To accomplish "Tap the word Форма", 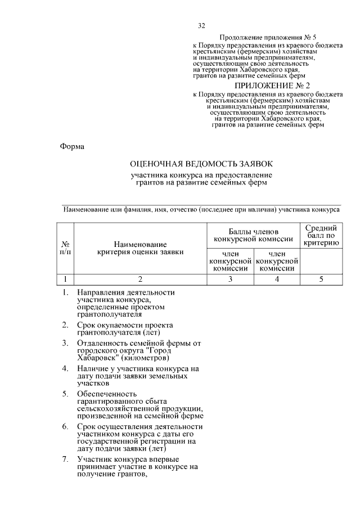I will tap(72, 147).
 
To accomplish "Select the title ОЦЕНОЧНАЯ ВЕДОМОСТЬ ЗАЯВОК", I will tap(201, 164).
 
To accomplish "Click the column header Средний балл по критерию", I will tap(321, 235).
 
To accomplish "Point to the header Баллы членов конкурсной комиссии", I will tap(253, 235).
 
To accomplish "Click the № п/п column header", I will tap(66, 248).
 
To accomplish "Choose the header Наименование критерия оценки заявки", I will tap(140, 248).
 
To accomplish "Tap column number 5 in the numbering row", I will tap(321, 278).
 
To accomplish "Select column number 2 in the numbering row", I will tap(140, 278).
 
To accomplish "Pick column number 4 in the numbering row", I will tap(277, 278).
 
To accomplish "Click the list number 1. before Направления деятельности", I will tap(66, 292).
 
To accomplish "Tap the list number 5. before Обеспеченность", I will tap(66, 393).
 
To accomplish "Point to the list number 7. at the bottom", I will tap(66, 460).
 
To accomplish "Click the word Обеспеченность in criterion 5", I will tap(107, 393).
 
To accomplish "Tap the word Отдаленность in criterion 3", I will tap(103, 343).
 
